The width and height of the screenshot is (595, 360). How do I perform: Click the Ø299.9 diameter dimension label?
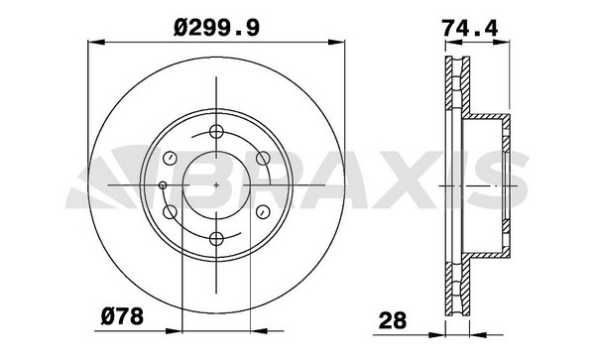point(216,29)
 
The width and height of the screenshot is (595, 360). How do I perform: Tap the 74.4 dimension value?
point(470,28)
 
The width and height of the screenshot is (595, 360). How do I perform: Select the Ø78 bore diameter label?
point(122,317)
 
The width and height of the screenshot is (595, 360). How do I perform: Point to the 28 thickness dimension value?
point(393,320)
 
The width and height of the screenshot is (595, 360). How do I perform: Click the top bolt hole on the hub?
point(216,132)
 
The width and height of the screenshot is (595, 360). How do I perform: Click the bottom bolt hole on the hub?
point(216,239)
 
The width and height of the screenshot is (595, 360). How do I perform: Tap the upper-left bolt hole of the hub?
point(170,158)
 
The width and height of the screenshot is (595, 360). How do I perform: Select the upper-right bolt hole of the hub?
point(263,159)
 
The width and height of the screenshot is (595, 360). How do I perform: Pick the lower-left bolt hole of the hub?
point(170,211)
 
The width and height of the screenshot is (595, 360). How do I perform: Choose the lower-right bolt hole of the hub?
point(263,211)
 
